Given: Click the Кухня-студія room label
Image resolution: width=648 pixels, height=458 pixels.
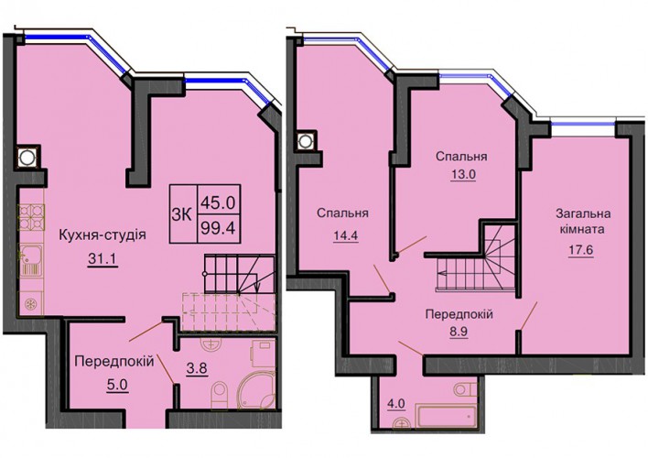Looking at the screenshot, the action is [x=103, y=235].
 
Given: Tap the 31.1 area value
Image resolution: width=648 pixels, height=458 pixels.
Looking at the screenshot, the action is [x=103, y=259].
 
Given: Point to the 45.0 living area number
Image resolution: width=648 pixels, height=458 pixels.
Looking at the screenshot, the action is [x=218, y=202].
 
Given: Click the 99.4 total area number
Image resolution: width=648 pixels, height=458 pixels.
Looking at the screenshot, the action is [x=218, y=227].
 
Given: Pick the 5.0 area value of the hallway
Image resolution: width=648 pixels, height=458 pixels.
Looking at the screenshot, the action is [x=118, y=386].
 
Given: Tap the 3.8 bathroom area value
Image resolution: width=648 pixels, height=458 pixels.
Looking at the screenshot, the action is [x=197, y=368].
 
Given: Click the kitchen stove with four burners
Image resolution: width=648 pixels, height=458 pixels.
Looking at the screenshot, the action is [x=31, y=217].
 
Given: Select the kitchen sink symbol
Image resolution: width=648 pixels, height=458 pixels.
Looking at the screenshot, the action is [x=30, y=260].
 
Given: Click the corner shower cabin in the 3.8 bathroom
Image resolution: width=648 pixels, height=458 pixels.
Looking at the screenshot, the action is [x=257, y=388].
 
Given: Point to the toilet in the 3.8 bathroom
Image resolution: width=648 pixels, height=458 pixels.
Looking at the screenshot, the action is [x=218, y=394].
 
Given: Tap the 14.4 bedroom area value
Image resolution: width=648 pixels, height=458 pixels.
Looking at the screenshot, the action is [x=346, y=235].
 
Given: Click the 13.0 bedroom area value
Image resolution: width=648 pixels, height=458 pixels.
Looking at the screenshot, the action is [x=461, y=175].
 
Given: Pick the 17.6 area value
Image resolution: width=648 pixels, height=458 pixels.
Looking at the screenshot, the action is [x=580, y=251].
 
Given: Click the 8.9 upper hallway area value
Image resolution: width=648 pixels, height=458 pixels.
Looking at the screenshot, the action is [x=459, y=332].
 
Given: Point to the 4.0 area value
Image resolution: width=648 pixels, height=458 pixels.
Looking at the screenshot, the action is [x=396, y=404].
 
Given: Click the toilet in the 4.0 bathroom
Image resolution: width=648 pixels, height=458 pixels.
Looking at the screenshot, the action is [x=465, y=389].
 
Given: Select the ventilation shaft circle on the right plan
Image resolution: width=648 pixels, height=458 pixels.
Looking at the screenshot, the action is [x=305, y=141].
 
